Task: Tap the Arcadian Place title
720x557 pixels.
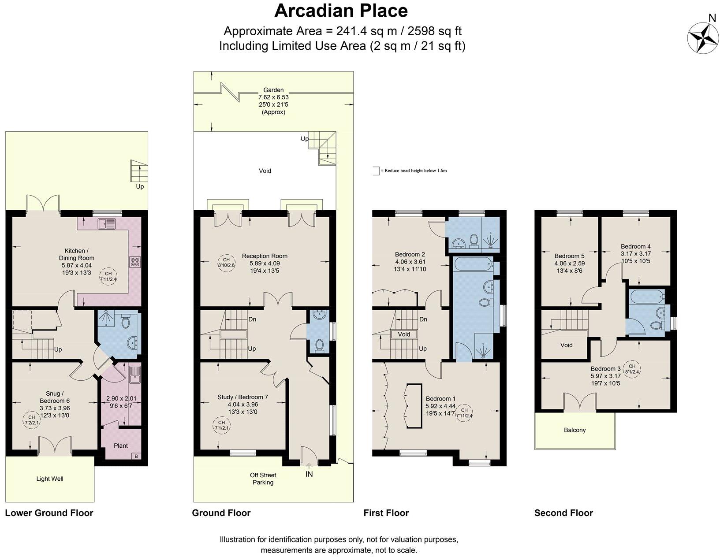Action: (x=341, y=11)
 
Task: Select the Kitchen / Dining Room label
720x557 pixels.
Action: (x=76, y=255)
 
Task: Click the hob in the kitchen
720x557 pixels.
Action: (x=134, y=262)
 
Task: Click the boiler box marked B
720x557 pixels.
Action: (x=136, y=457)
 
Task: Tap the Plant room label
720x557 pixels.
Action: (x=120, y=446)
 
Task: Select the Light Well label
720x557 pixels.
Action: (x=50, y=479)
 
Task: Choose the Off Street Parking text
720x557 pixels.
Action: (x=263, y=479)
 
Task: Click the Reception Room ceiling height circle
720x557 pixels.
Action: (x=226, y=263)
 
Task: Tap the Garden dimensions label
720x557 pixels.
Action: (x=273, y=101)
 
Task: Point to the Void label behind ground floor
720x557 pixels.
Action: (x=265, y=171)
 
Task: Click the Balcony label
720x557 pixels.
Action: (x=575, y=430)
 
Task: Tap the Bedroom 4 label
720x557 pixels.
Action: (x=635, y=246)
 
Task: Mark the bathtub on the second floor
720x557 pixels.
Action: (x=646, y=296)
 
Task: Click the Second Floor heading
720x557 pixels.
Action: (x=563, y=512)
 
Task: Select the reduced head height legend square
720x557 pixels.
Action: (x=376, y=171)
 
